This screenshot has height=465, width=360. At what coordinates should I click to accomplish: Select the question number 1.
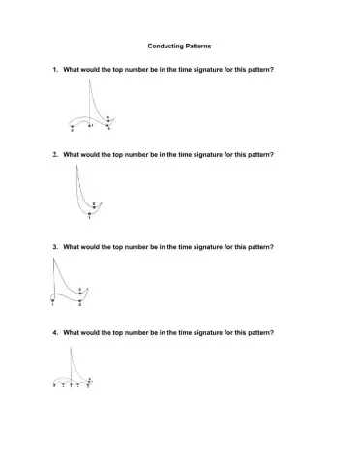point(54,70)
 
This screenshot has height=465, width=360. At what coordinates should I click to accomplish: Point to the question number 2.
point(54,154)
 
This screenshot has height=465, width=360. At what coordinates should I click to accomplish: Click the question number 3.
point(54,247)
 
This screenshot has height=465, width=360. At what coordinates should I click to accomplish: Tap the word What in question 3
point(72,247)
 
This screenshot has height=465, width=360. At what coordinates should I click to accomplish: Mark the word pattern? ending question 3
point(261,247)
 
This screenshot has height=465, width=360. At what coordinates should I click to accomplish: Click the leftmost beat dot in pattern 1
point(72,126)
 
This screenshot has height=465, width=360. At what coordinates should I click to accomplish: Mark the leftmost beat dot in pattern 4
point(54,384)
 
